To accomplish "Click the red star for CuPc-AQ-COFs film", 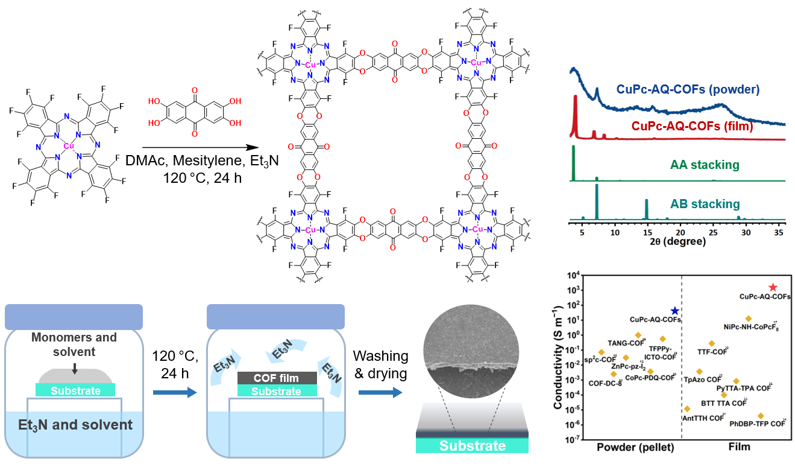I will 773,288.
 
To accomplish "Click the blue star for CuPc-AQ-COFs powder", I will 675,310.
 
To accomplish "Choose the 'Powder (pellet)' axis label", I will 635,447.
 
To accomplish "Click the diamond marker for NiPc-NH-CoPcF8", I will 749,319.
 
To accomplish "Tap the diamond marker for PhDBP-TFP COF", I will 761,416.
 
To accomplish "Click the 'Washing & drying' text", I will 381,364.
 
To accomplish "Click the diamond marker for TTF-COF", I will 712,343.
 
